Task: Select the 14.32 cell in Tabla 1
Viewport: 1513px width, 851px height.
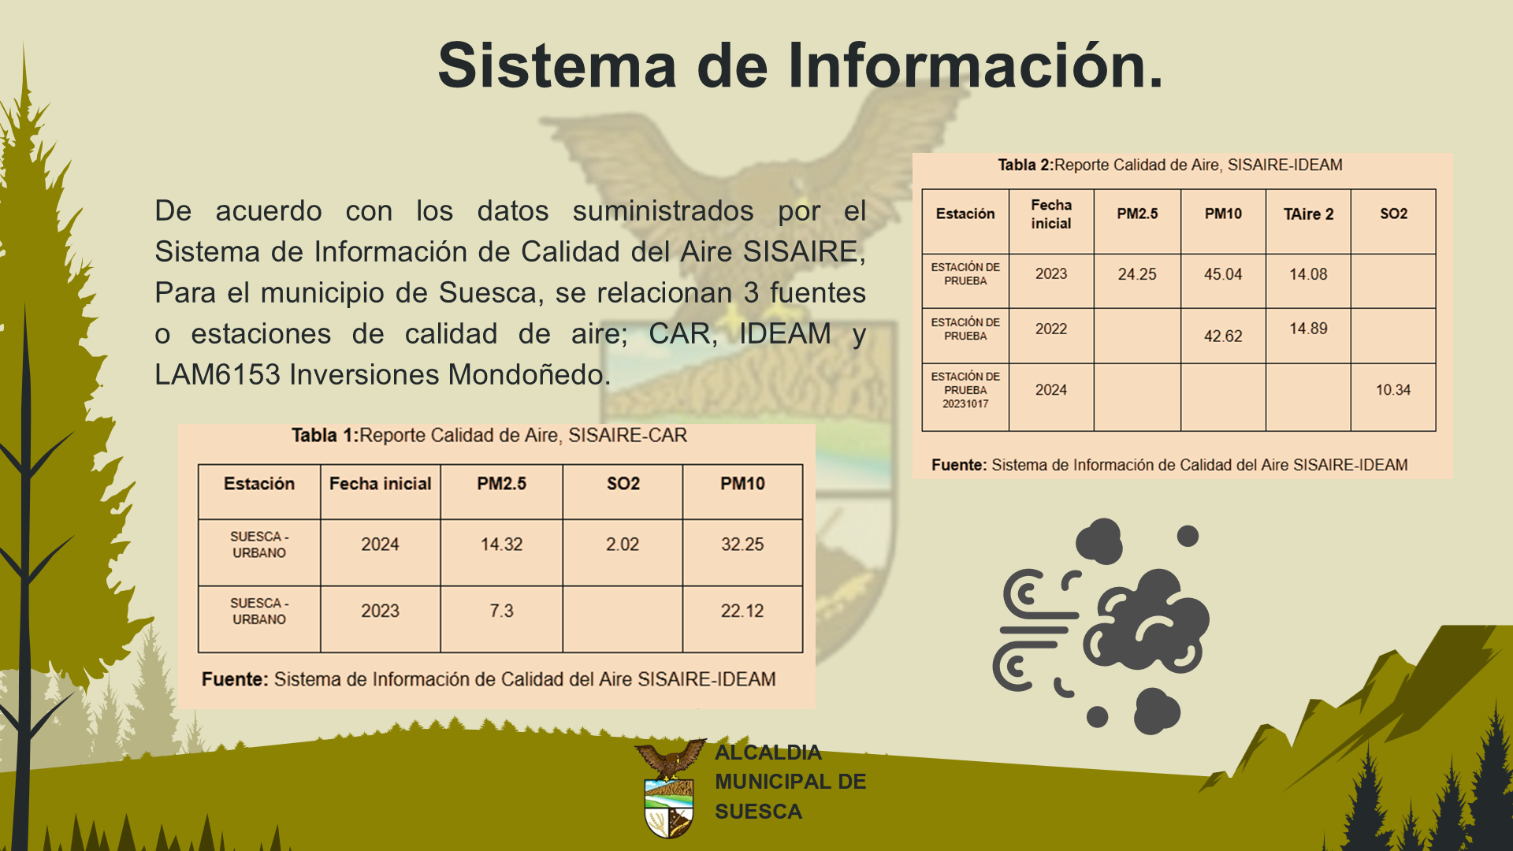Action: point(501,544)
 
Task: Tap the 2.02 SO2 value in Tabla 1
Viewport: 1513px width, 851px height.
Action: point(623,544)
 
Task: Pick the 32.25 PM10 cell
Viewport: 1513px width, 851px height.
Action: point(742,544)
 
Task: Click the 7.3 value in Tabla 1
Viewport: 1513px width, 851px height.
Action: point(501,611)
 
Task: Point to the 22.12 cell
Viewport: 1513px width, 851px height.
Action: point(742,611)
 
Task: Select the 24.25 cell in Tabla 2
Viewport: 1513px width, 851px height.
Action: point(1137,274)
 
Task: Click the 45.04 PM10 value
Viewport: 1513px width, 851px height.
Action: point(1223,274)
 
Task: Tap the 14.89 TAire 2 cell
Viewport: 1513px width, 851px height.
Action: point(1308,329)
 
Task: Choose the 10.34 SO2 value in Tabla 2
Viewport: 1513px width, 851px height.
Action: point(1393,390)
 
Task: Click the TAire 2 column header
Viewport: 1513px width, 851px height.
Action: point(1308,214)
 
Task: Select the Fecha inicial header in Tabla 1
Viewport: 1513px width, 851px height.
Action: point(380,484)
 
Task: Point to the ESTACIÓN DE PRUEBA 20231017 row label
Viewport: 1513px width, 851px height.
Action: point(965,390)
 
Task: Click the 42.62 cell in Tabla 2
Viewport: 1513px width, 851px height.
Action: point(1223,336)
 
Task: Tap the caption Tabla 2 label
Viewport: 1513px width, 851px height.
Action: point(1025,165)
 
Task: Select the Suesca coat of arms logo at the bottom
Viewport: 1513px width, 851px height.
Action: point(670,788)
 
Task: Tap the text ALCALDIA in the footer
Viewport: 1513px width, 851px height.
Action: point(768,753)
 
